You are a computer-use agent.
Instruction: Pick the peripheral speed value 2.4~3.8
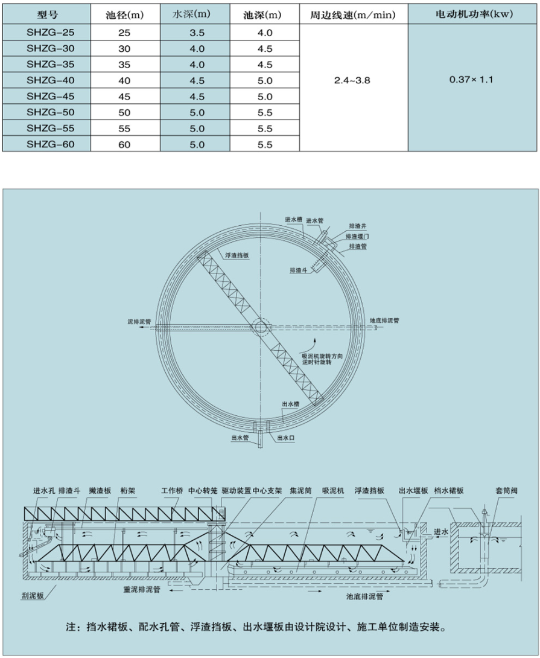(x=353, y=80)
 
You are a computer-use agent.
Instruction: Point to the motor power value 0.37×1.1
(x=471, y=80)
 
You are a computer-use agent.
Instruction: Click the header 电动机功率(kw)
(x=471, y=13)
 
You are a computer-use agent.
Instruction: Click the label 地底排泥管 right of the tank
(x=384, y=321)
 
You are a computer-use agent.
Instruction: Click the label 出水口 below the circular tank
(x=286, y=436)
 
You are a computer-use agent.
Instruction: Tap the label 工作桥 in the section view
(x=172, y=491)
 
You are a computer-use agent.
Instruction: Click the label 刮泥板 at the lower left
(x=34, y=594)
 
